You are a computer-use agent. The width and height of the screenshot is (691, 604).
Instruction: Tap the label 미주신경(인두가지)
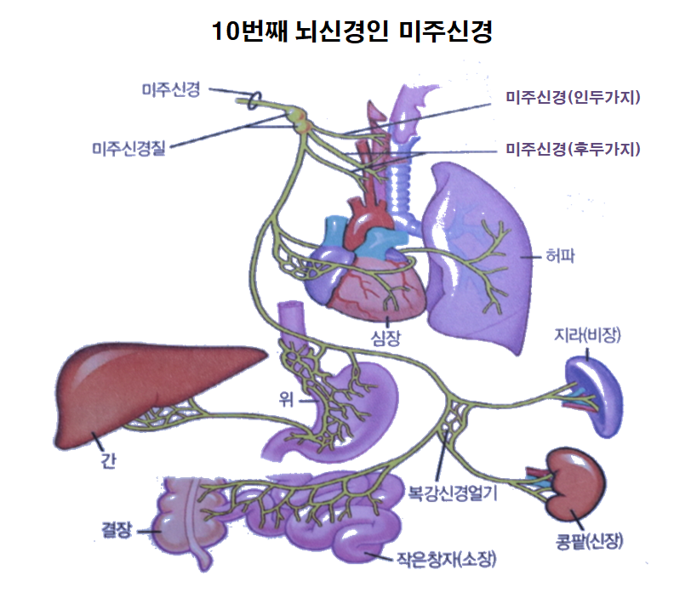572,98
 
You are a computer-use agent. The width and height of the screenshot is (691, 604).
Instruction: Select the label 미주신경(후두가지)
572,150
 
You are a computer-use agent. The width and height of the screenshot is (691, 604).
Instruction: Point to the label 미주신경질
129,149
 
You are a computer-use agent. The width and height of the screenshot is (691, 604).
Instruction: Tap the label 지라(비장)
586,337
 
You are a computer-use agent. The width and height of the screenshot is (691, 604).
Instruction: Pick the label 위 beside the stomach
297,396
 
